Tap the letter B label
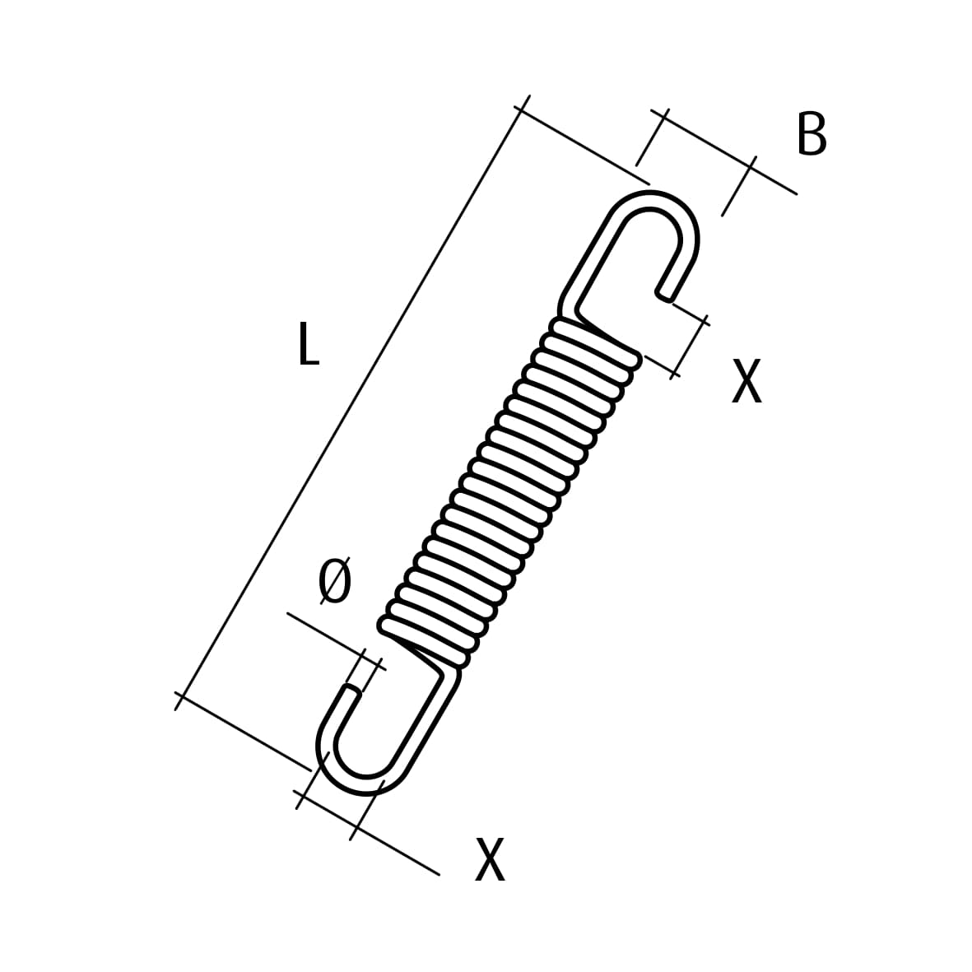coord(812,134)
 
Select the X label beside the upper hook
coord(746,381)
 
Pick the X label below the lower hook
coord(490,859)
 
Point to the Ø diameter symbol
coord(335,582)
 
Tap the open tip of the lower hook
coord(352,691)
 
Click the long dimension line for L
coord(350,403)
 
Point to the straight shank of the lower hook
coord(424,724)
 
